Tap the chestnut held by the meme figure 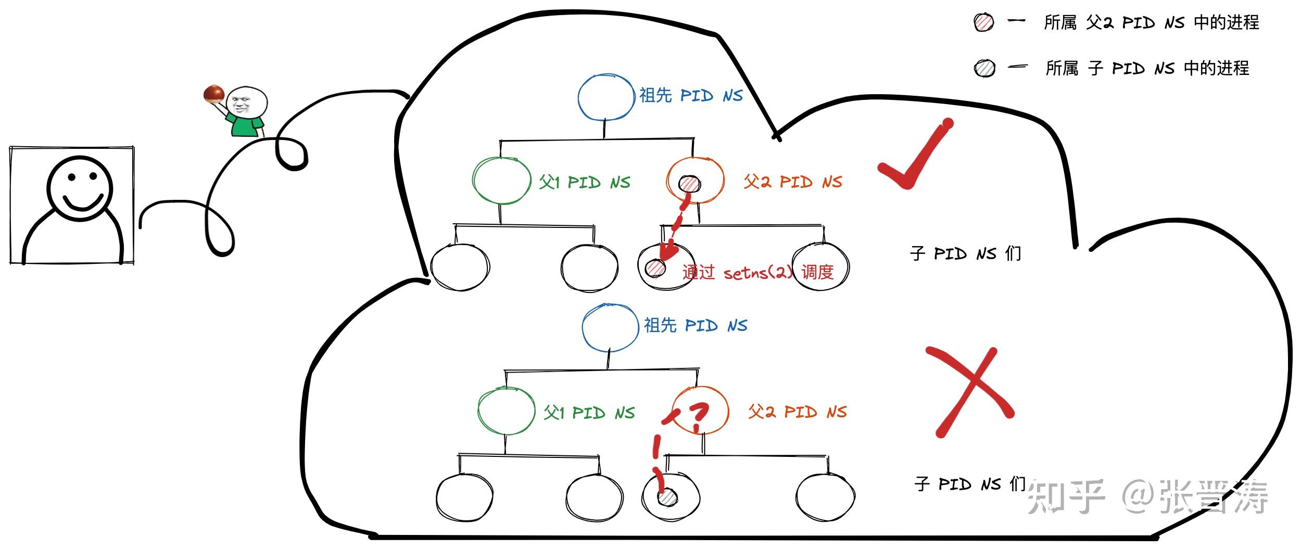coord(213,94)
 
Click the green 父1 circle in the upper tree coord(501,181)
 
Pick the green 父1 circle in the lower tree coord(506,411)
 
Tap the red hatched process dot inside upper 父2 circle coord(690,184)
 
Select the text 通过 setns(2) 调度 coord(757,272)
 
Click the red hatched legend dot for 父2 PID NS coord(983,22)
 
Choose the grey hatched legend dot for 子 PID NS coord(984,68)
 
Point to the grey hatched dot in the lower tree coord(667,497)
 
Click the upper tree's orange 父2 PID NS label coord(792,182)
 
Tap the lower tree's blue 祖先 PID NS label coord(695,326)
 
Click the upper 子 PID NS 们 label coord(965,253)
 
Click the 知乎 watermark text coord(1065,497)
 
